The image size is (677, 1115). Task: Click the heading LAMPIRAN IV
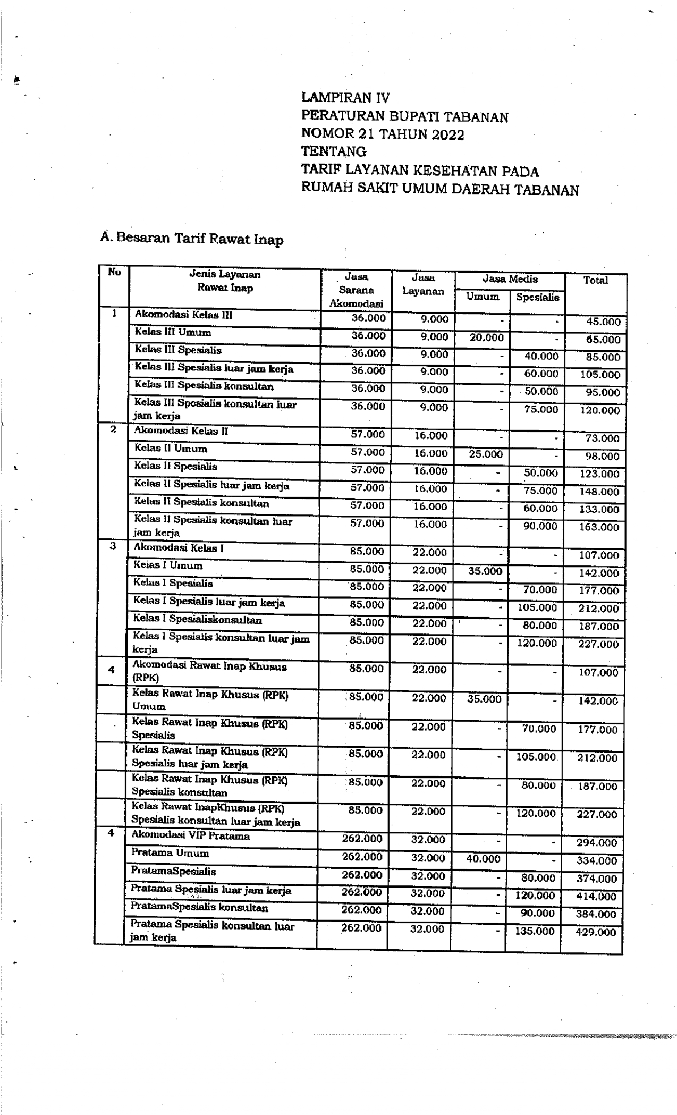[345, 97]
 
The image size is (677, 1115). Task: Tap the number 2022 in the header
[447, 134]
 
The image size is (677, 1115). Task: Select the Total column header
[595, 280]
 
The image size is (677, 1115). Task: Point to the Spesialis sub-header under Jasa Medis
[537, 297]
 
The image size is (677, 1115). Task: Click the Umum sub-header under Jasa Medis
[483, 297]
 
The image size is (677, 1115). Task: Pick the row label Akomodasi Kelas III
[183, 315]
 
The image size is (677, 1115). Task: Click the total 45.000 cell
[603, 322]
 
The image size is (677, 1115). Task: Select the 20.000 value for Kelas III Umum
[486, 337]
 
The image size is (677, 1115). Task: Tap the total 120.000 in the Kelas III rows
[599, 410]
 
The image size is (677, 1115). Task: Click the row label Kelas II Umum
[171, 448]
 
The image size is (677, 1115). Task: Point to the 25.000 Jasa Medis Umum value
[486, 454]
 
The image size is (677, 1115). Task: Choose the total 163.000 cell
[599, 527]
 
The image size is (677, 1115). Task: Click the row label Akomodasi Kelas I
[178, 547]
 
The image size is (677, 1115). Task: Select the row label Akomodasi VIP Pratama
[190, 835]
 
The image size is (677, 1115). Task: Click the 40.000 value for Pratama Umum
[483, 859]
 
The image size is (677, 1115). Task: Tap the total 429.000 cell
[596, 932]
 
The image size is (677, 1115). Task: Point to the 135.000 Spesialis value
[535, 931]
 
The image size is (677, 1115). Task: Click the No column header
[114, 272]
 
